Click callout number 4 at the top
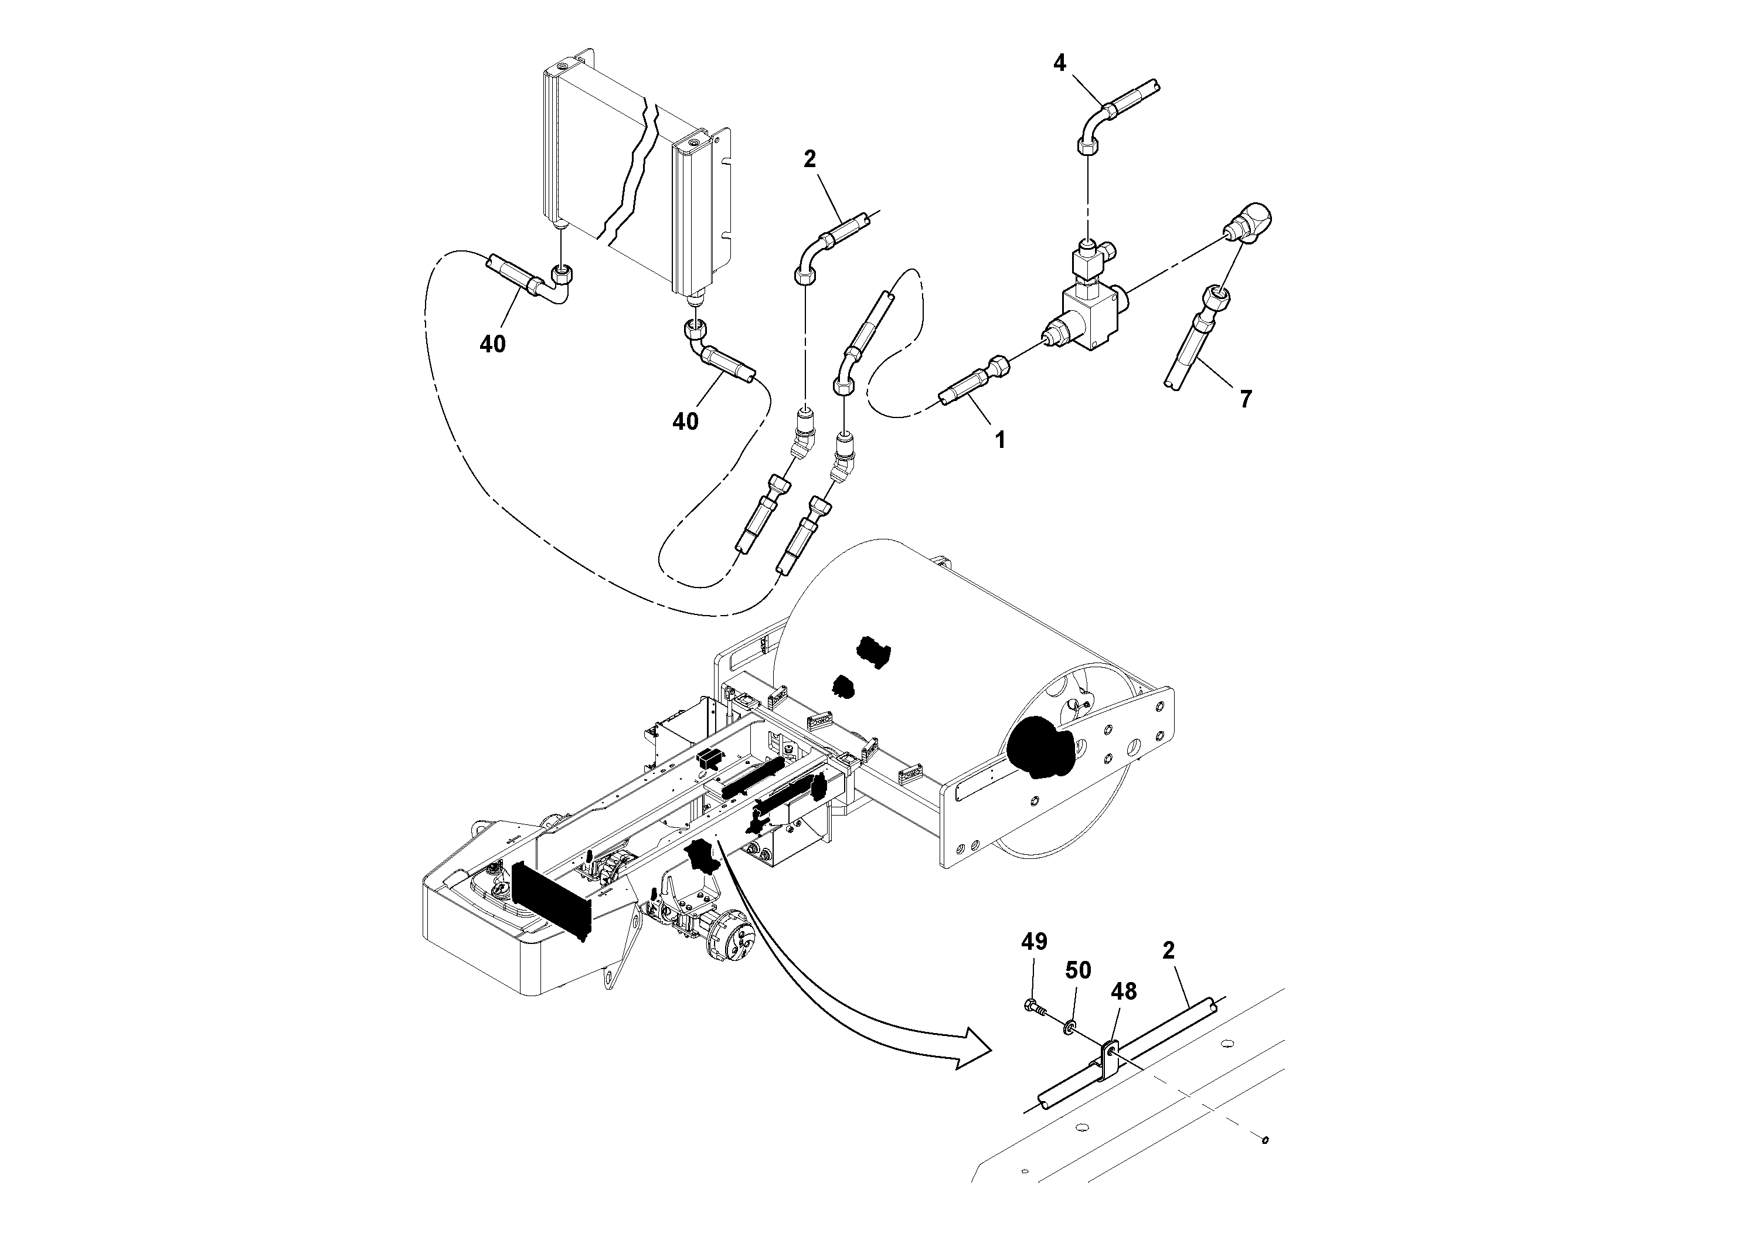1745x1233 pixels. click(x=1059, y=63)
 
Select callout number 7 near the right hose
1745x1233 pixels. click(x=1245, y=399)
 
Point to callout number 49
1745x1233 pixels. click(x=1033, y=942)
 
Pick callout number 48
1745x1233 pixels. click(x=1123, y=991)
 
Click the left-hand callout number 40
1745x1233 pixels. click(x=492, y=344)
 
